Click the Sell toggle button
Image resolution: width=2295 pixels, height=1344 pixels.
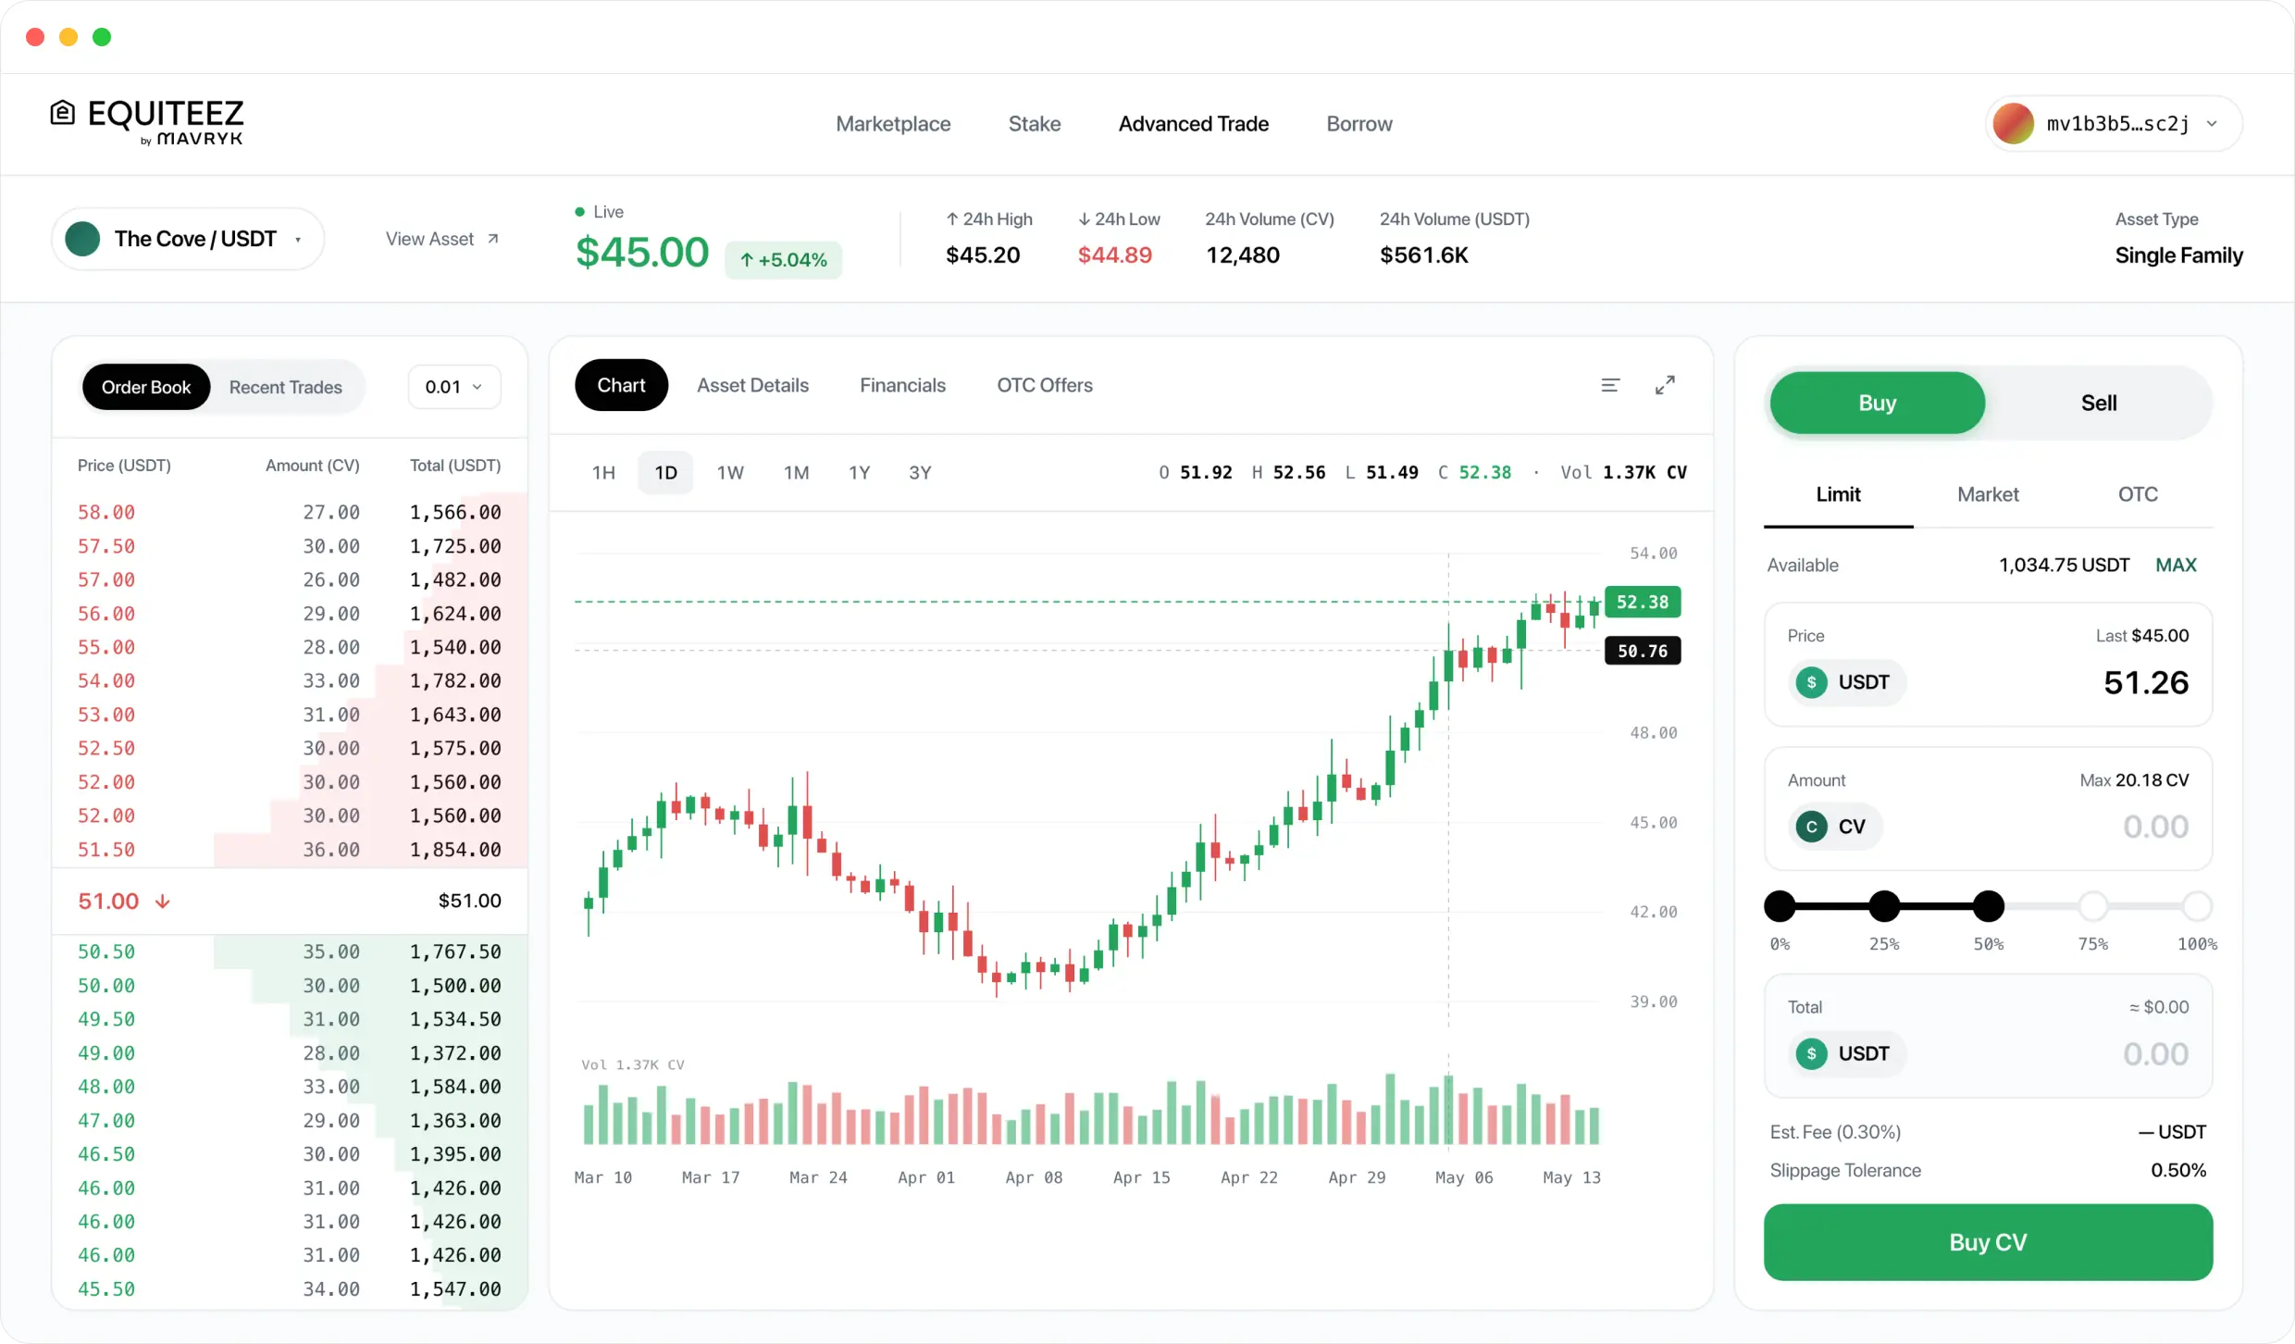click(x=2098, y=403)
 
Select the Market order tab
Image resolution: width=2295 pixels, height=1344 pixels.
click(x=1988, y=494)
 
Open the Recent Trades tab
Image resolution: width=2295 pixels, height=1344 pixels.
click(x=285, y=387)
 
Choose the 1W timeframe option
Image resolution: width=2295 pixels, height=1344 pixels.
click(x=730, y=473)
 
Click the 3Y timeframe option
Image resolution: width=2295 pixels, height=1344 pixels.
click(x=919, y=473)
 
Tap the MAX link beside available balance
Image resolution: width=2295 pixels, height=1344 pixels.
click(x=2176, y=565)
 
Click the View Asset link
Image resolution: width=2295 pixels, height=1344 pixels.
click(x=441, y=239)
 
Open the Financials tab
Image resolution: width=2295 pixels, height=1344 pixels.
click(x=902, y=385)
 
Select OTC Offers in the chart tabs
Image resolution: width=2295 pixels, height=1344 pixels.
click(x=1044, y=385)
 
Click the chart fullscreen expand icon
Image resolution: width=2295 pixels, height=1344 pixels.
click(x=1665, y=385)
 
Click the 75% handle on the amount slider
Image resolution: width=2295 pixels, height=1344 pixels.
click(x=2092, y=906)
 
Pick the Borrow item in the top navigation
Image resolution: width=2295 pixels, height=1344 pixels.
click(x=1358, y=124)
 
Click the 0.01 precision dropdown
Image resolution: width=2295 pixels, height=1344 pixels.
click(x=453, y=387)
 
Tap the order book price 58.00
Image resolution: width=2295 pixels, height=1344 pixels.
click(x=106, y=512)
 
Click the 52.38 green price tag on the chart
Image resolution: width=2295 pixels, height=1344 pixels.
click(x=1642, y=602)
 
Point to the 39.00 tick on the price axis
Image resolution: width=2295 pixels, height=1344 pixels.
click(x=1653, y=1002)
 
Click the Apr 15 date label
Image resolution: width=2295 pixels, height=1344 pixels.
click(x=1141, y=1177)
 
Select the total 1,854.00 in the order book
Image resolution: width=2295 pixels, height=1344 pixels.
click(x=455, y=850)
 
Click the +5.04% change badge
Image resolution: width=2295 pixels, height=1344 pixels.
click(x=783, y=260)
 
